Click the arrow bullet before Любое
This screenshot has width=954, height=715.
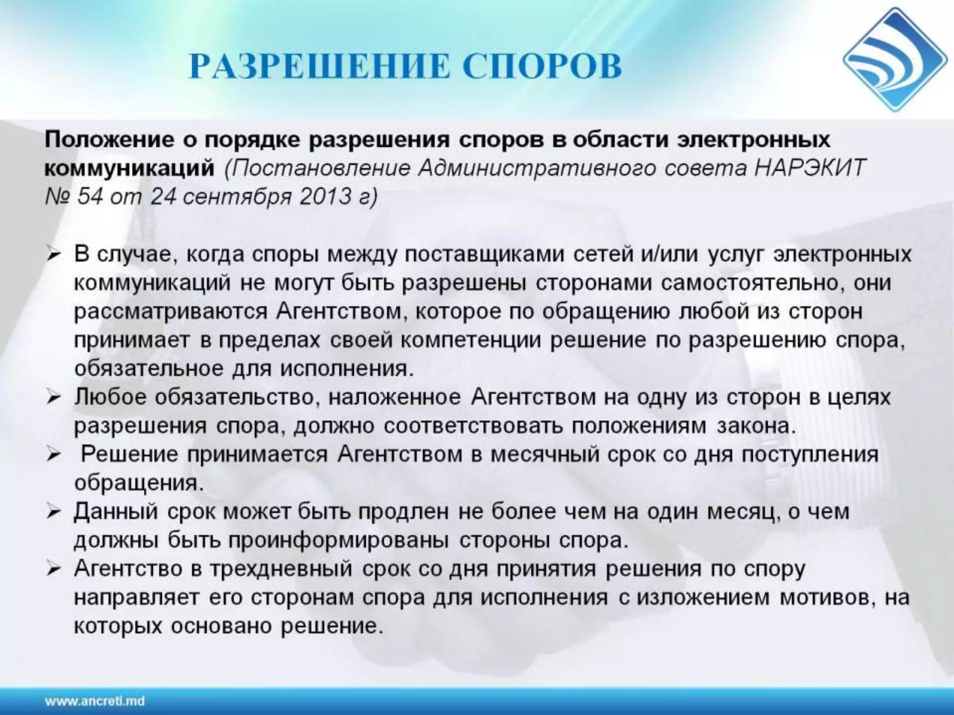(54, 398)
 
